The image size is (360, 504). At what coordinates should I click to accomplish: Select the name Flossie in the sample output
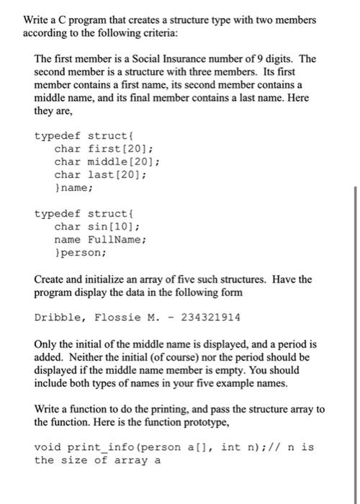(114, 317)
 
